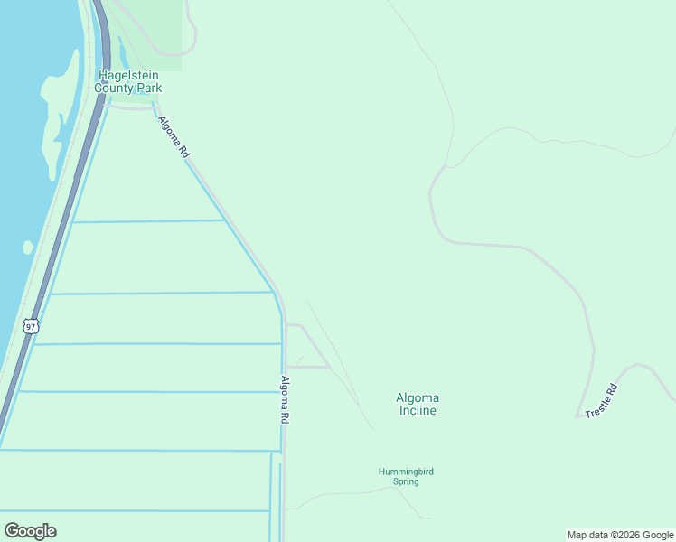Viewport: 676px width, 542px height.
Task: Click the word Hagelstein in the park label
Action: (131, 76)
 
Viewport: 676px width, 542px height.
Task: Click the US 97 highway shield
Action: (32, 326)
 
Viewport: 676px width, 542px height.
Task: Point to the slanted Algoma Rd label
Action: (173, 137)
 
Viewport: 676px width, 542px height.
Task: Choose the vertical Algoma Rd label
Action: (285, 399)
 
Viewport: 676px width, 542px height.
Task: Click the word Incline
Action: (417, 411)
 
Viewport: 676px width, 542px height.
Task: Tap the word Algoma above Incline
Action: (417, 397)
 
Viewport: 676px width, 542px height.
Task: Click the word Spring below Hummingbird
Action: (406, 481)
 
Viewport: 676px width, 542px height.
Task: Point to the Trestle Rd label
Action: (601, 400)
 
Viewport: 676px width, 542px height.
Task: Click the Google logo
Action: (30, 530)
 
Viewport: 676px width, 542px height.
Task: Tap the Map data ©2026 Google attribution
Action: (621, 535)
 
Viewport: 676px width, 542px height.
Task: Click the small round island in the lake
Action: (28, 247)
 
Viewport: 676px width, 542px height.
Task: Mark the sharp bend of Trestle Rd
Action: (577, 416)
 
